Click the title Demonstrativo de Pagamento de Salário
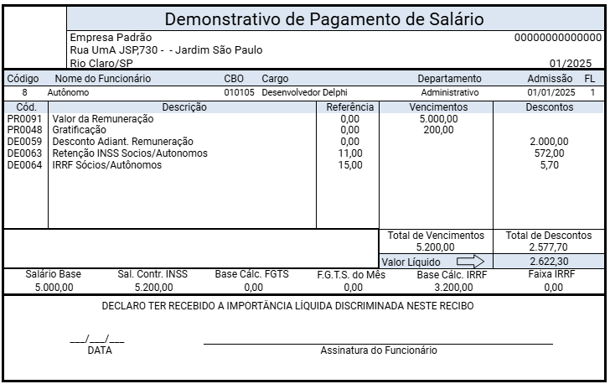point(323,19)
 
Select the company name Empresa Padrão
point(111,38)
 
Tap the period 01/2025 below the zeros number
point(571,63)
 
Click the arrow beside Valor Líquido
point(465,262)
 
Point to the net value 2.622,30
point(548,262)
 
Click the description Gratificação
point(80,130)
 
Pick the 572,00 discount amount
point(549,153)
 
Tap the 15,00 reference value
point(350,165)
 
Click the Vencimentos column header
point(438,107)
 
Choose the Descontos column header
point(549,107)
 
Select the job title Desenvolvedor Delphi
point(304,92)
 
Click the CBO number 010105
point(240,92)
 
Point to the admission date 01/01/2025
point(551,92)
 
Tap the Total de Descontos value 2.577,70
point(549,248)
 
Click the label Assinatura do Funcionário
point(378,350)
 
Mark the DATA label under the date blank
point(99,350)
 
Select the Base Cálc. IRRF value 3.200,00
point(438,287)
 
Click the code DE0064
point(23,165)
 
